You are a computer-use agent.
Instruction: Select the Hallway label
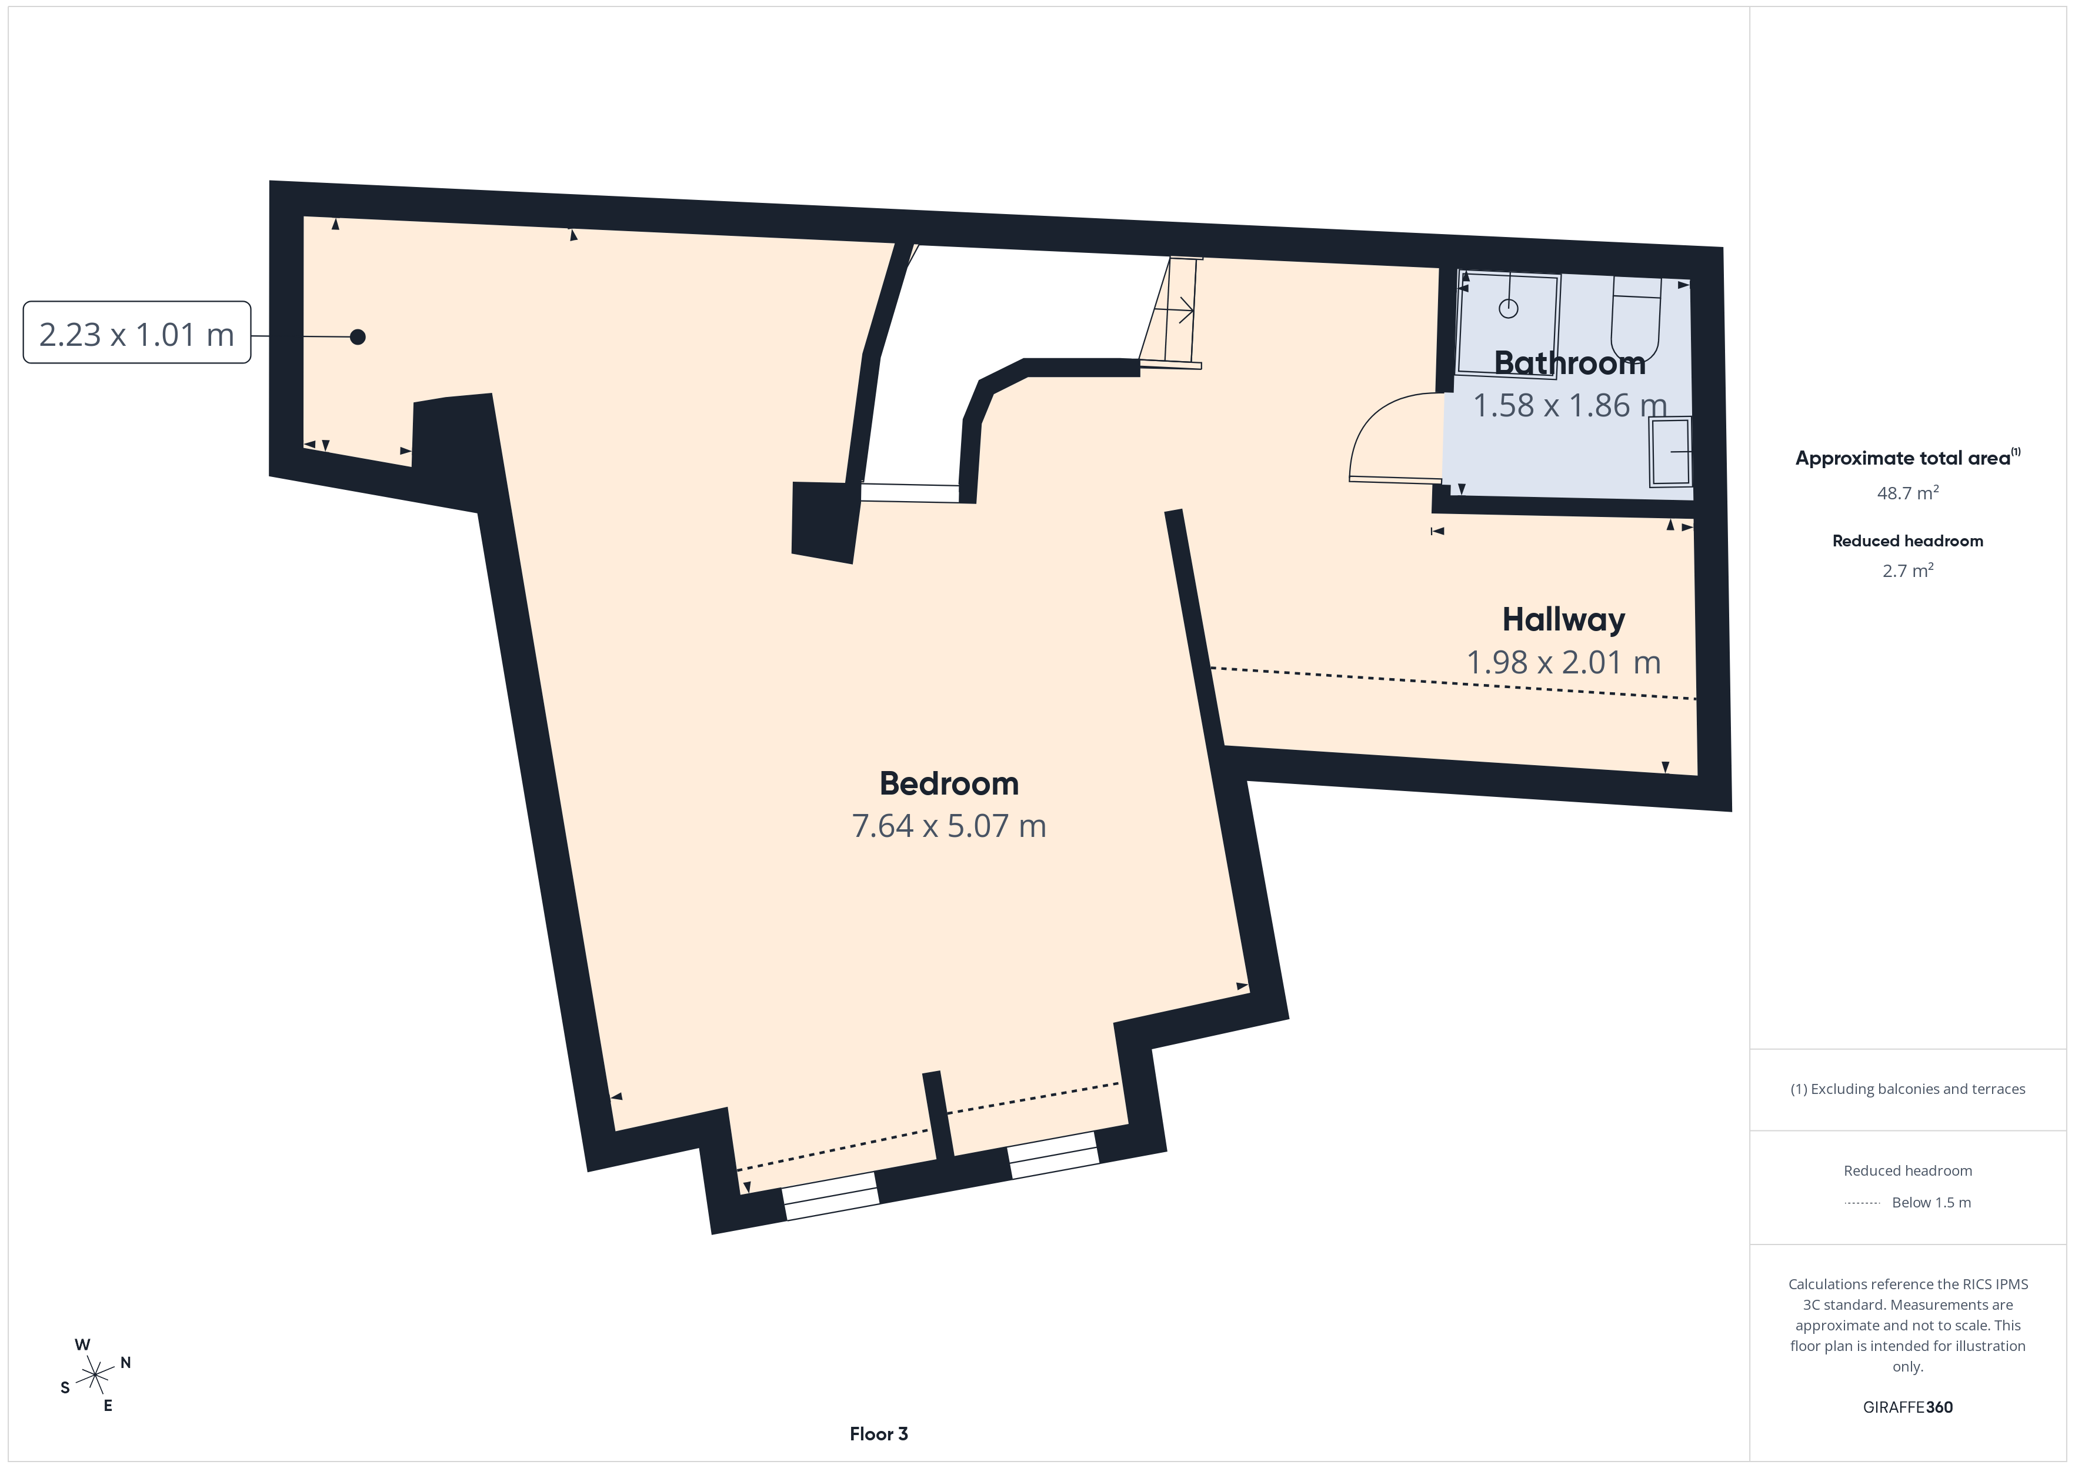1563,620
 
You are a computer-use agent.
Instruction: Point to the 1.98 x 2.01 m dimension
1563,663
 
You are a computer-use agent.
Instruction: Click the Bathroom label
1570,362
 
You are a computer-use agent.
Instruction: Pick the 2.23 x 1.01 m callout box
136,333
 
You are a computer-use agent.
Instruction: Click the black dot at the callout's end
358,337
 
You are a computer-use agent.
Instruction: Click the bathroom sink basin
1670,451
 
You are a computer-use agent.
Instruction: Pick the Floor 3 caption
879,1434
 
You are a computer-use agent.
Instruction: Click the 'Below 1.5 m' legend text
1931,1202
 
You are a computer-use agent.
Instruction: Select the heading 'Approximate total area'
1903,458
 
